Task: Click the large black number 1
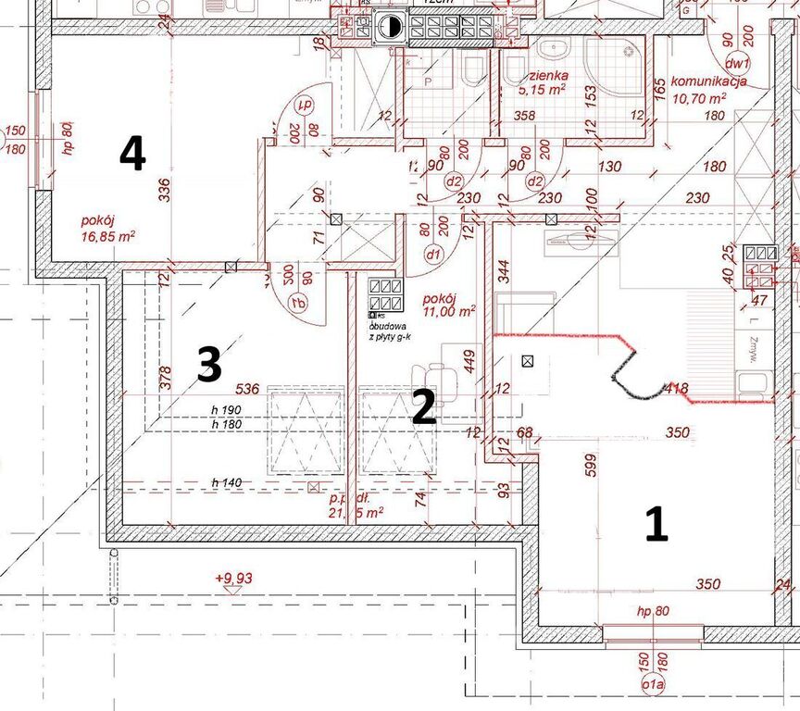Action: [656, 525]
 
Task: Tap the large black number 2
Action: [423, 408]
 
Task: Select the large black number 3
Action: [209, 365]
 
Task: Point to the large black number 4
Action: [132, 154]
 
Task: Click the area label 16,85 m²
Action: [108, 235]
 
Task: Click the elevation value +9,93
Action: [233, 579]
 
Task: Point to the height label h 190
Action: [227, 409]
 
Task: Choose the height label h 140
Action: [227, 482]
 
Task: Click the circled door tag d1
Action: [431, 253]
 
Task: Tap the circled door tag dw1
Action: [737, 64]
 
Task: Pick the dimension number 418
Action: [676, 390]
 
